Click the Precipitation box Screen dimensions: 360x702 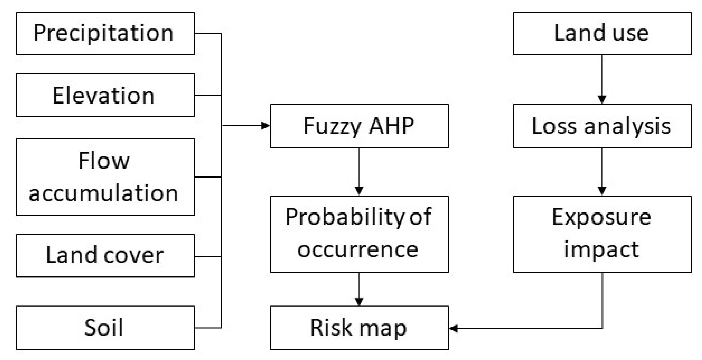(x=105, y=33)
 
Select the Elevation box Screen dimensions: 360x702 (x=105, y=95)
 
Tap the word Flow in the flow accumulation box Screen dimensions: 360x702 (x=104, y=161)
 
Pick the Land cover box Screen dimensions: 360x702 (x=105, y=255)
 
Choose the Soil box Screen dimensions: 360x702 (x=105, y=327)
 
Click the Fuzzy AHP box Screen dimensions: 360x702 (x=359, y=126)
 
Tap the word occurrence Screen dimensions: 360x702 (x=358, y=250)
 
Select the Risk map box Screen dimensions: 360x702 (x=359, y=327)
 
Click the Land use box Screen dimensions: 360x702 (x=602, y=33)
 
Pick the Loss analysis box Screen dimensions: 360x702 (x=602, y=126)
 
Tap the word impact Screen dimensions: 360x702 (x=601, y=250)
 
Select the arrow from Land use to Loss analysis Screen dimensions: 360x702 (x=602, y=79)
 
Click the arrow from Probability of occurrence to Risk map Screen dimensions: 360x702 (x=359, y=289)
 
